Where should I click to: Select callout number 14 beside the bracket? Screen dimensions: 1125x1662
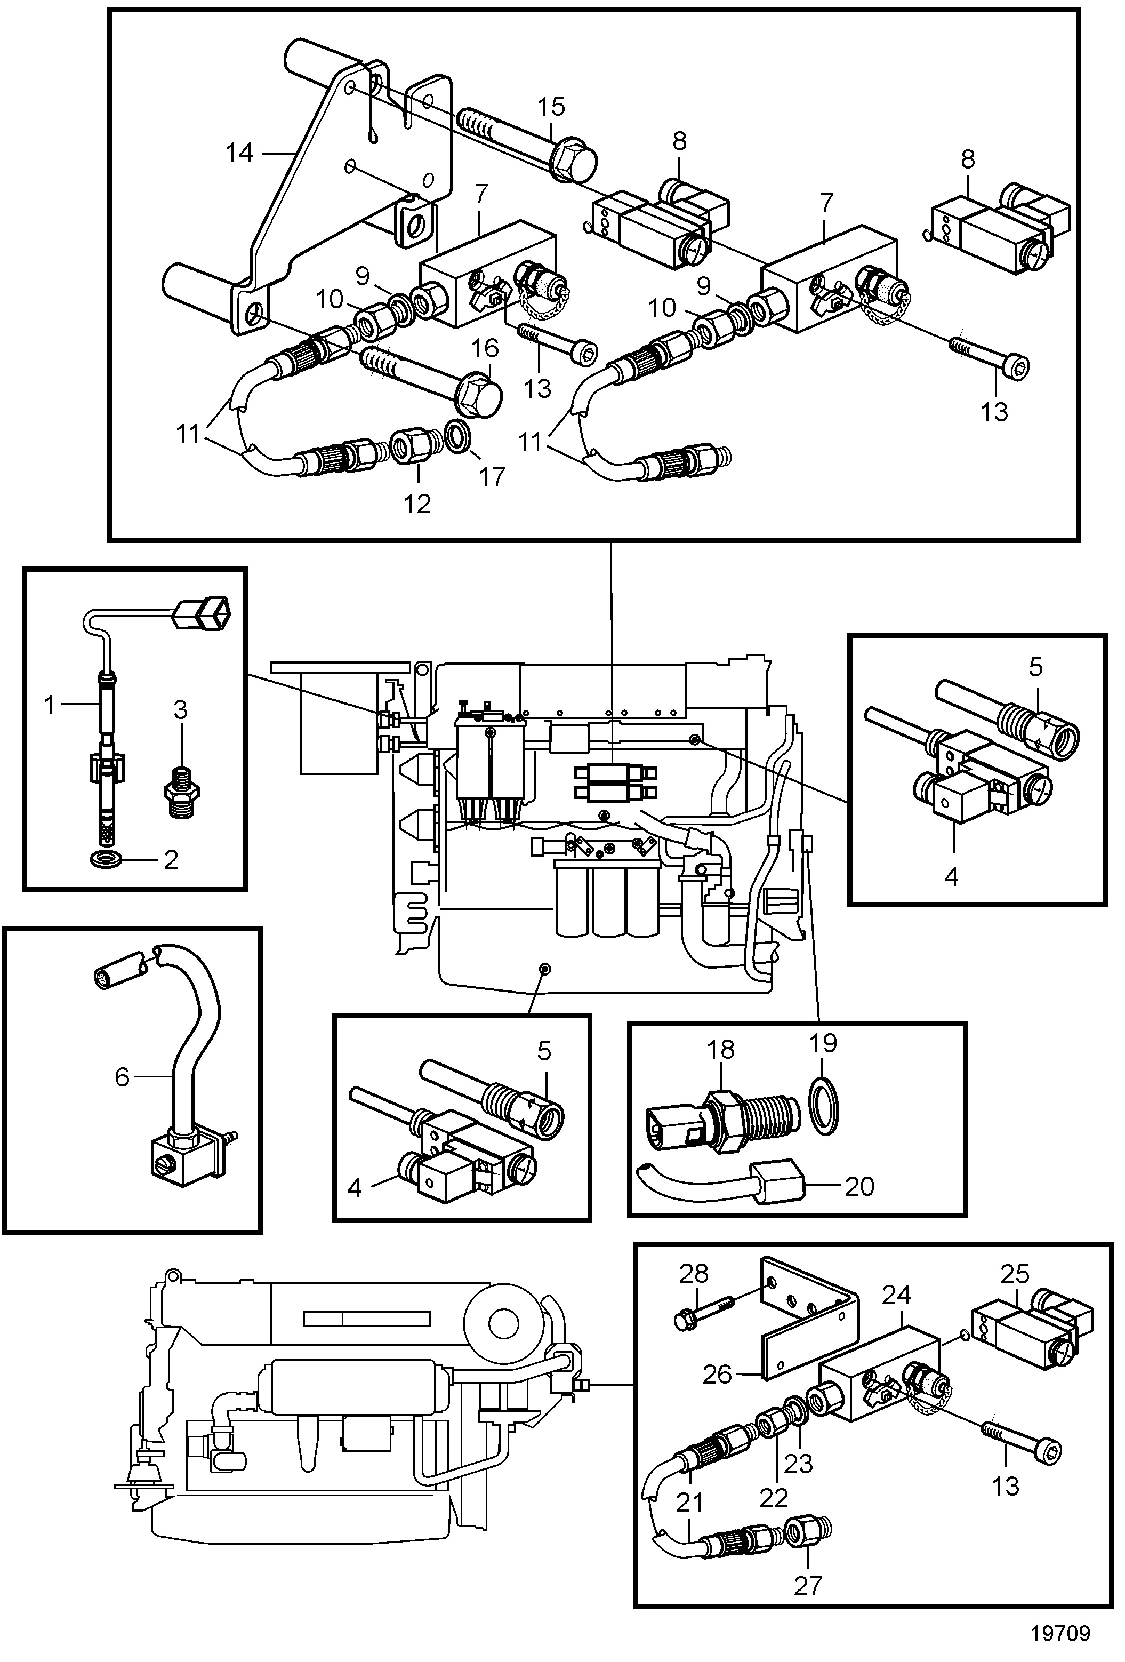point(239,153)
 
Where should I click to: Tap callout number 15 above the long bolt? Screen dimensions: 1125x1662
point(551,107)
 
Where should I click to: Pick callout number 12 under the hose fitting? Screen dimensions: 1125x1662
point(417,504)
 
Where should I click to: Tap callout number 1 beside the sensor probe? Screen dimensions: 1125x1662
point(49,706)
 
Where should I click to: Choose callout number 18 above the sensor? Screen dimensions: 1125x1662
point(720,1050)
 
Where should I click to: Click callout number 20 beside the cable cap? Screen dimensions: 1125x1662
point(858,1187)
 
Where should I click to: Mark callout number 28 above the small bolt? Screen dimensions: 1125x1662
point(693,1274)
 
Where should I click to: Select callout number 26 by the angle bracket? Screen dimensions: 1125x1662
point(718,1375)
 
